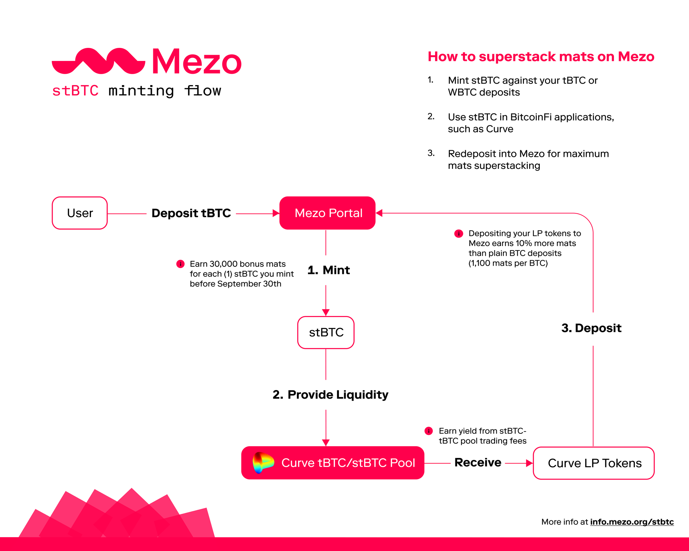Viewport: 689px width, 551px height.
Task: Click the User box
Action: pos(80,213)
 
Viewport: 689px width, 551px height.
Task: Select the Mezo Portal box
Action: pos(327,213)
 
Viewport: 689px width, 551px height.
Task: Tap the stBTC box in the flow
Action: pos(326,333)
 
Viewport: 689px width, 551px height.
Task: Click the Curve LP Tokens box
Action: pos(594,463)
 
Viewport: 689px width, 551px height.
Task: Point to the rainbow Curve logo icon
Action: pos(263,463)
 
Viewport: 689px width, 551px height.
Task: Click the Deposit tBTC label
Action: pos(191,213)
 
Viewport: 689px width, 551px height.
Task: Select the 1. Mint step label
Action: pos(329,270)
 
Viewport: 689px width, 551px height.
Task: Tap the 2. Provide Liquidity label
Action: pos(330,395)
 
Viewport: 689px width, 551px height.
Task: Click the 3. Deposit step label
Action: pos(592,328)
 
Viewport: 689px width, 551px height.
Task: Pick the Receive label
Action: pos(478,462)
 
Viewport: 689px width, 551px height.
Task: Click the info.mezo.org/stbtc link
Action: pos(632,522)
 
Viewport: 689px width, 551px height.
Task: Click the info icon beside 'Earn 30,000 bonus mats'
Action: pos(180,264)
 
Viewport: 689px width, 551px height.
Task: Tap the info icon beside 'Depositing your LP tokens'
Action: pos(459,234)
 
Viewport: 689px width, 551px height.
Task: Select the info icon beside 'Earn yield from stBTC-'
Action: pos(429,431)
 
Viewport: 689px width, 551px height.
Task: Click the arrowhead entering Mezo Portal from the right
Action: pos(379,213)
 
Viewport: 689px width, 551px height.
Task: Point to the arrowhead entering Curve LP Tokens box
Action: pos(529,463)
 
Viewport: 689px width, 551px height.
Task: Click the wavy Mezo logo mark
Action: pos(99,61)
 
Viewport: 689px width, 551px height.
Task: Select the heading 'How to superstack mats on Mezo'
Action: pos(541,57)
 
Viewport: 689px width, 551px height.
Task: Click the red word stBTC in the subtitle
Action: pos(75,91)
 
